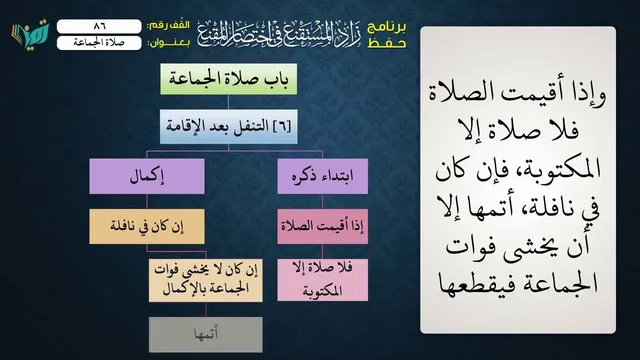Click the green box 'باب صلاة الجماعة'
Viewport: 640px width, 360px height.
click(229, 79)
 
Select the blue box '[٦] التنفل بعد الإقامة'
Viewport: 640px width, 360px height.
click(229, 127)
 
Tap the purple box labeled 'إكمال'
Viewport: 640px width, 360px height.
click(147, 176)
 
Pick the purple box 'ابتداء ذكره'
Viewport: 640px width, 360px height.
click(322, 176)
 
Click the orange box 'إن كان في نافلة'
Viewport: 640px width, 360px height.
click(147, 227)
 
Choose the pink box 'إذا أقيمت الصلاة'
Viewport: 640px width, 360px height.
click(322, 227)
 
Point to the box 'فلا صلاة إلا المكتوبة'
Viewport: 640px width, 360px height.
click(322, 280)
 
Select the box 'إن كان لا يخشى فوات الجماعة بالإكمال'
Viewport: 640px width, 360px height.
click(206, 280)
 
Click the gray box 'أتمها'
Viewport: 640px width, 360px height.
click(206, 335)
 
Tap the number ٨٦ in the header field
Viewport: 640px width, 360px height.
click(99, 27)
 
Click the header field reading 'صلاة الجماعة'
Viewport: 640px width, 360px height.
click(99, 43)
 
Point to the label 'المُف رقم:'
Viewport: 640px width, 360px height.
click(168, 26)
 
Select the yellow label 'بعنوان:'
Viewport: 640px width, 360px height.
click(168, 43)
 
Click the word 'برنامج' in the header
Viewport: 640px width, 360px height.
click(387, 27)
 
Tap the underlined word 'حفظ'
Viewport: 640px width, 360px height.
click(387, 43)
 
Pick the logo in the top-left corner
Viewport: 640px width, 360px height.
click(31, 34)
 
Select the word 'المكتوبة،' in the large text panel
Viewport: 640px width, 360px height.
click(556, 168)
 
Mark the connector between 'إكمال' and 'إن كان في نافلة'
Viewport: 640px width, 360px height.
click(147, 202)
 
